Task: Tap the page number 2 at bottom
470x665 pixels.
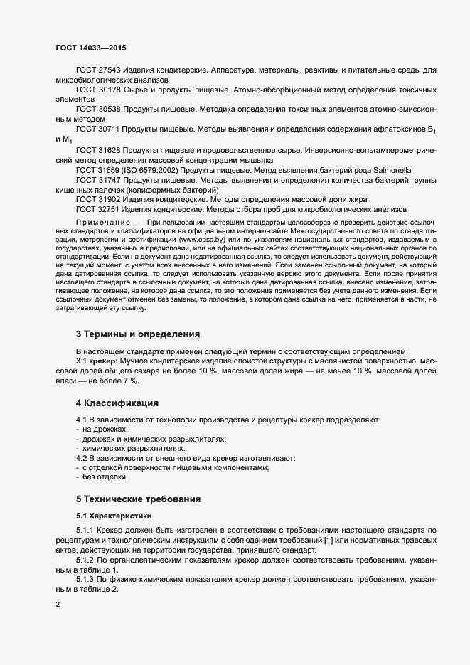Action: pos(58,605)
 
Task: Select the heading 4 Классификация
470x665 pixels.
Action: pos(117,403)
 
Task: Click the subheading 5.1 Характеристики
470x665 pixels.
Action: pos(113,514)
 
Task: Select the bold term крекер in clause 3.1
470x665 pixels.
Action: pos(105,361)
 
